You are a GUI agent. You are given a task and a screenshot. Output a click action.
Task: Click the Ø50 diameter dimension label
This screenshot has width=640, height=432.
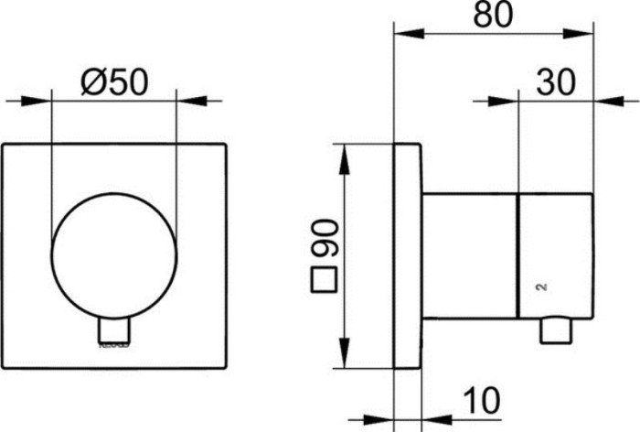(x=113, y=83)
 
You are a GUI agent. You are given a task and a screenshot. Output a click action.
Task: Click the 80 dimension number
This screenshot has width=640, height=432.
(x=489, y=16)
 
